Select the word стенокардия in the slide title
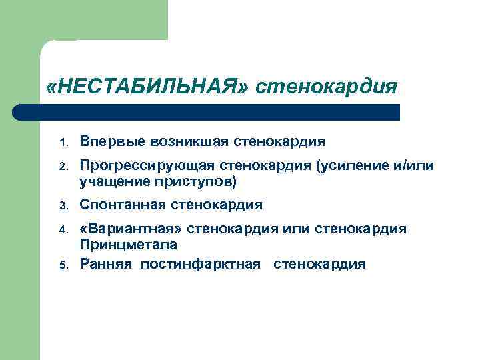point(327,87)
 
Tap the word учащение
point(107,181)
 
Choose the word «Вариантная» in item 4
point(131,230)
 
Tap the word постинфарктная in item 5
point(200,264)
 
